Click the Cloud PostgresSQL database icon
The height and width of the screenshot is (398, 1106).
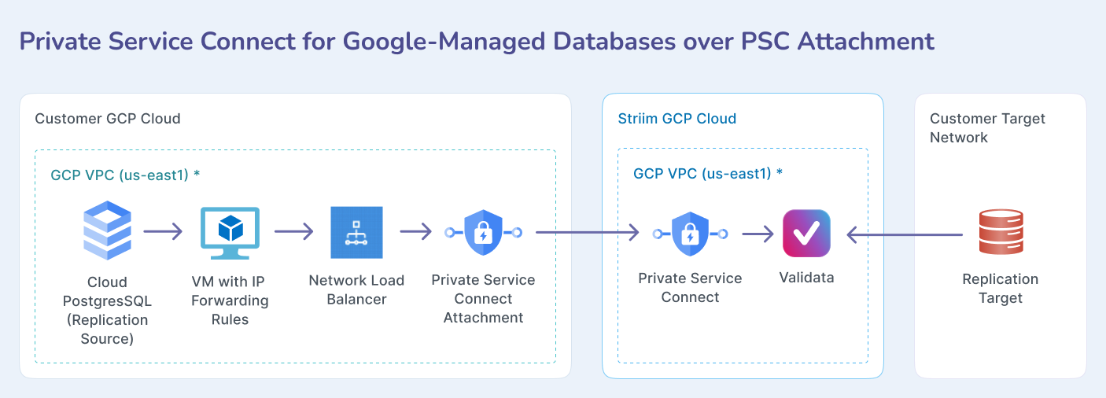coord(108,230)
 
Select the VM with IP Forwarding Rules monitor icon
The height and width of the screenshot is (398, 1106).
coord(230,233)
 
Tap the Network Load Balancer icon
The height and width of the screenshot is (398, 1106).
coord(356,232)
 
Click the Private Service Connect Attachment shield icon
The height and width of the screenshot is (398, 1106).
coord(483,232)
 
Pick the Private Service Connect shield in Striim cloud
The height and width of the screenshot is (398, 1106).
coord(690,234)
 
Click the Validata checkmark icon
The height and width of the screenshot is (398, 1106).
coord(806,233)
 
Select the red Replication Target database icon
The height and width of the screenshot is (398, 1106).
coord(1001,232)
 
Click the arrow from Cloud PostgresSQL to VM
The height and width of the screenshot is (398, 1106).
coord(163,232)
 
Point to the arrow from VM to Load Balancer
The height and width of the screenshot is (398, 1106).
coord(294,232)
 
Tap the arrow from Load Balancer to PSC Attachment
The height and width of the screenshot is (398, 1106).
coord(415,232)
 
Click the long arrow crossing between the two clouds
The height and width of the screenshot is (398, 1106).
coord(587,232)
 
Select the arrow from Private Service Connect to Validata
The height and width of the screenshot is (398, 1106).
coord(758,234)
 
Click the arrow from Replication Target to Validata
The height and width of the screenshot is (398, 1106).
coord(905,234)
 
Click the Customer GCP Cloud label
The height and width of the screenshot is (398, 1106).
coord(108,119)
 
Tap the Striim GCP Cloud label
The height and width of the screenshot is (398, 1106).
coord(677,119)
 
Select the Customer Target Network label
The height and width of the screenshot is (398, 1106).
coord(987,127)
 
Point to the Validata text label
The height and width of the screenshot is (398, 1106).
coord(806,278)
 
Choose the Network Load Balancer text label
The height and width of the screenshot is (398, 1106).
coord(356,289)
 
